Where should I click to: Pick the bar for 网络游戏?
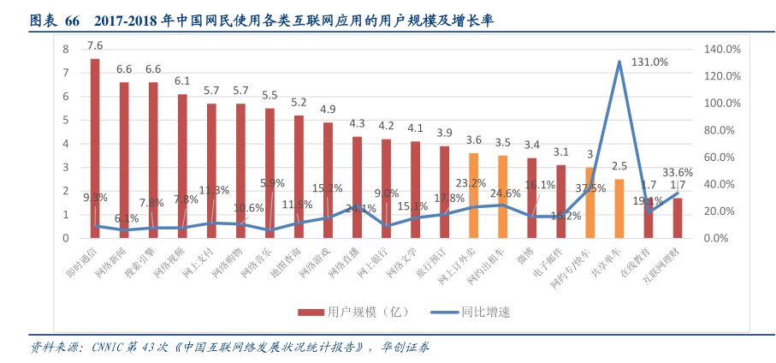pos(328,180)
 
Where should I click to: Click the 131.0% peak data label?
pos(649,62)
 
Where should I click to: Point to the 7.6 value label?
pos(95,45)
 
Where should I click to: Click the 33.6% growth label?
pos(678,171)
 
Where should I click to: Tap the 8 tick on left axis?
pos(66,50)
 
